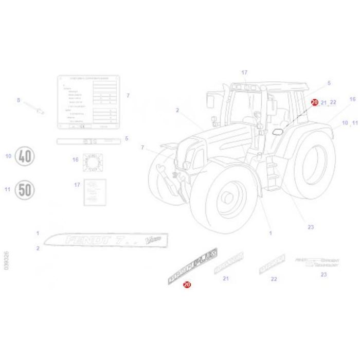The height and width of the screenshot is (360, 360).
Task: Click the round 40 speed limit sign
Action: (24, 156)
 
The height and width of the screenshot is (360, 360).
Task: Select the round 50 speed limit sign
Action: (24, 189)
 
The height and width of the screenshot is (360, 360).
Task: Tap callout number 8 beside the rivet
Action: (19, 100)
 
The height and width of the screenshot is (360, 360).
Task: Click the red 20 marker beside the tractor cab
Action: (314, 102)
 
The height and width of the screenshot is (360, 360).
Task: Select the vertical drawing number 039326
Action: (6, 261)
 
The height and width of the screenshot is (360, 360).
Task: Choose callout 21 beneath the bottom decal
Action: (225, 279)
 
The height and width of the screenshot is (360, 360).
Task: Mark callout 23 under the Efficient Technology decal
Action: (323, 275)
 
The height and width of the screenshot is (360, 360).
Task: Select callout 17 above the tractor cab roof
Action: (244, 73)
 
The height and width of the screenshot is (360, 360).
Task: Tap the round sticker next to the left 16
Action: (94, 164)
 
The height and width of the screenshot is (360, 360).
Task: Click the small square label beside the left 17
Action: (95, 192)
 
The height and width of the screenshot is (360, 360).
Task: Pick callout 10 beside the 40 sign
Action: (8, 156)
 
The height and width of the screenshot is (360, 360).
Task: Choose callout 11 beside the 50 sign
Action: (8, 189)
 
